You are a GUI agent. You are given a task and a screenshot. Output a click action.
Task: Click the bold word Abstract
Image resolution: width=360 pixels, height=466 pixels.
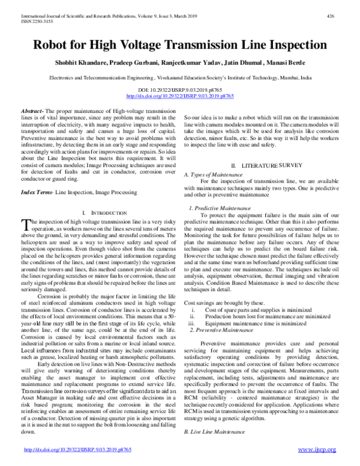31,112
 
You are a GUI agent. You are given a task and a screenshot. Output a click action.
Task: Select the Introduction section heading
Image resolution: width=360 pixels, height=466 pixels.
107,213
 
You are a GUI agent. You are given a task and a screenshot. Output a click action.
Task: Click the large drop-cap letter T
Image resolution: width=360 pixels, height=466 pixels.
25,225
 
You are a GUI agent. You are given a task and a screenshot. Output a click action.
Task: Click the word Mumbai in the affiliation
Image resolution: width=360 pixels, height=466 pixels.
289,78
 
